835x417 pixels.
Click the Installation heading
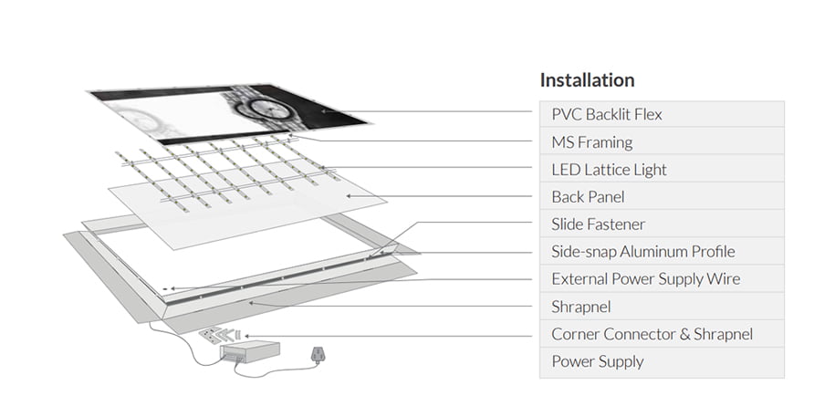[x=587, y=80]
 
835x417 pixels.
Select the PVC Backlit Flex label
[x=606, y=115]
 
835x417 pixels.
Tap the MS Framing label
[x=591, y=142]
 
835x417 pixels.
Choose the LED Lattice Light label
[x=609, y=170]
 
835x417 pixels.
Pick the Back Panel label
[x=588, y=197]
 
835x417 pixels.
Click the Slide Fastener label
[x=598, y=224]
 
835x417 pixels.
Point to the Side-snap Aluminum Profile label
[x=642, y=252]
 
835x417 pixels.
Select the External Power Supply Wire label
[x=645, y=279]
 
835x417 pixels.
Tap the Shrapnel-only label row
[x=580, y=307]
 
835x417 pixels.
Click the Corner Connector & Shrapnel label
[x=652, y=334]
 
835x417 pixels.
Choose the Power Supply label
[x=597, y=361]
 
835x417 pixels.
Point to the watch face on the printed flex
[x=265, y=109]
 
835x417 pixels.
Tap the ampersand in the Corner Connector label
[x=680, y=334]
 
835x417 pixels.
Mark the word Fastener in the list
[x=615, y=224]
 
